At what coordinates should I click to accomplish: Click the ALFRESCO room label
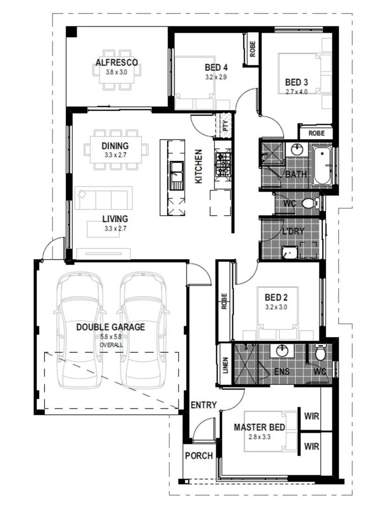click(x=117, y=62)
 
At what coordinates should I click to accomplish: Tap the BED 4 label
click(x=216, y=67)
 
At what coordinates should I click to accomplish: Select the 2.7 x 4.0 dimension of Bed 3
click(x=296, y=92)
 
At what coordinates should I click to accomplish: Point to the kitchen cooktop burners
click(x=223, y=164)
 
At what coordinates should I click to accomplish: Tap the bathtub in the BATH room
click(x=322, y=166)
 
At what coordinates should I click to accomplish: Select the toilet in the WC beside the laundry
click(x=311, y=203)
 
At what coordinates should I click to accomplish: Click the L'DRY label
click(x=293, y=231)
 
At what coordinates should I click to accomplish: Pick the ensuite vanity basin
click(x=282, y=351)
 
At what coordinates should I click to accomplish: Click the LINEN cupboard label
click(x=225, y=365)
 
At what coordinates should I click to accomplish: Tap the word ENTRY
click(x=203, y=405)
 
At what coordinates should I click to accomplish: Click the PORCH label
click(x=199, y=455)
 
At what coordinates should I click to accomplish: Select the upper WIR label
click(x=312, y=416)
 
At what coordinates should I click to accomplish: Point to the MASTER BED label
click(x=259, y=427)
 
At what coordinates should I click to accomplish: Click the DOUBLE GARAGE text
click(x=111, y=327)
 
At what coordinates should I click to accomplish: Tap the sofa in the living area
click(x=103, y=198)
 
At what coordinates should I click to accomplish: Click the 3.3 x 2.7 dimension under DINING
click(x=115, y=155)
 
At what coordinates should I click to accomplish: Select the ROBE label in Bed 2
click(x=225, y=301)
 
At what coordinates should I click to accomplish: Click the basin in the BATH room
click(x=297, y=149)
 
